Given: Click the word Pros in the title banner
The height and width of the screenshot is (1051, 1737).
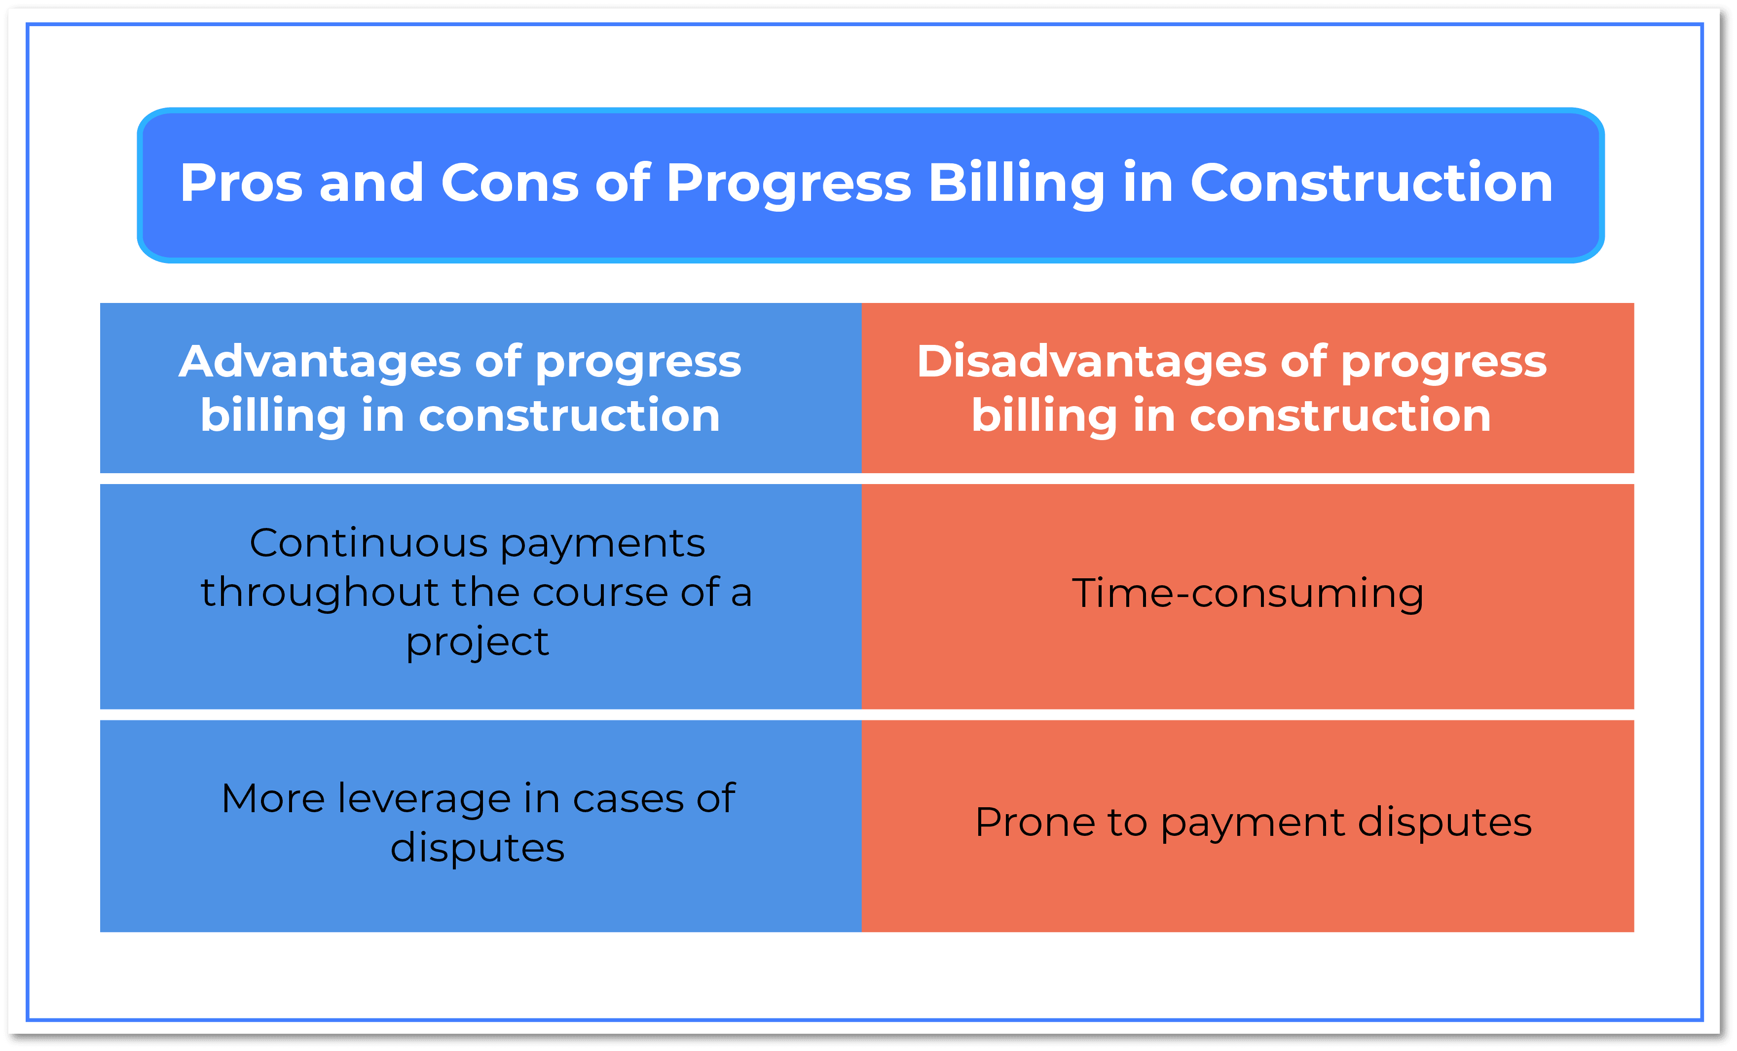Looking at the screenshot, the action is pos(241,183).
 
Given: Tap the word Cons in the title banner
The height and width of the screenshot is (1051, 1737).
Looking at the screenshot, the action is pos(510,183).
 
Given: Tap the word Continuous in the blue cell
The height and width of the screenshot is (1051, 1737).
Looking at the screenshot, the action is pos(369,543).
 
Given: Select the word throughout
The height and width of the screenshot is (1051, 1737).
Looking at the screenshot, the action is pos(321,592).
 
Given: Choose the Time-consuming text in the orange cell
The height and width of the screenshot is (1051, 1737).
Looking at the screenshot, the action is pos(1247,593).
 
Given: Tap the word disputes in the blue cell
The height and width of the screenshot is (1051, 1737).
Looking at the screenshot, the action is pos(477,847).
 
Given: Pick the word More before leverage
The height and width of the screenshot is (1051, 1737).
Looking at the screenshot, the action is pos(273,799).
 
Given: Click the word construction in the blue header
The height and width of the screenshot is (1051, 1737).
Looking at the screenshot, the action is pos(569,416).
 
